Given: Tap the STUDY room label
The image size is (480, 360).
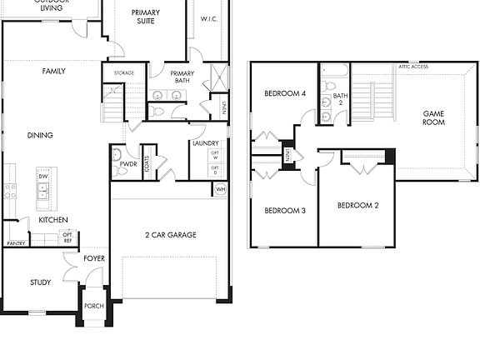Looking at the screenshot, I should [40, 282].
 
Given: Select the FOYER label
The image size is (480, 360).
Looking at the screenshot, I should [94, 258].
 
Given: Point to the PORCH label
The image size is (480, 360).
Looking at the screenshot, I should [94, 306].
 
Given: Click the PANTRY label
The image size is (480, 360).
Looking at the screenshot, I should [16, 243].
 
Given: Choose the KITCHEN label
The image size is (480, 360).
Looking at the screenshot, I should [53, 220].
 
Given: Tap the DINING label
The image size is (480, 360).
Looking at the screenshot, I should [40, 135].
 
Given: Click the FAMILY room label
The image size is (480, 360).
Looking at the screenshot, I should [54, 72].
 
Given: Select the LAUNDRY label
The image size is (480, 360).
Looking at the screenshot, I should [205, 143].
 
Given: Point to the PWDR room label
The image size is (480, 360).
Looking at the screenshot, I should [128, 164].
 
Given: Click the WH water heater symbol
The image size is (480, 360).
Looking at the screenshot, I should [220, 190].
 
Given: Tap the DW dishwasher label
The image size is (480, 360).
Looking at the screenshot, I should [42, 177].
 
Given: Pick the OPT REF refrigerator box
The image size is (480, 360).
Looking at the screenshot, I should [68, 238].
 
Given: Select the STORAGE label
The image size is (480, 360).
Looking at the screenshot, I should [124, 73].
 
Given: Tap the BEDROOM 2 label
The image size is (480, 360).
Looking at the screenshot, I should [358, 205].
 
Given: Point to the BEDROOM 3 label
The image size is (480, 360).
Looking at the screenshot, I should [285, 211].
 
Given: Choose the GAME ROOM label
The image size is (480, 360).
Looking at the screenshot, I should [434, 117].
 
